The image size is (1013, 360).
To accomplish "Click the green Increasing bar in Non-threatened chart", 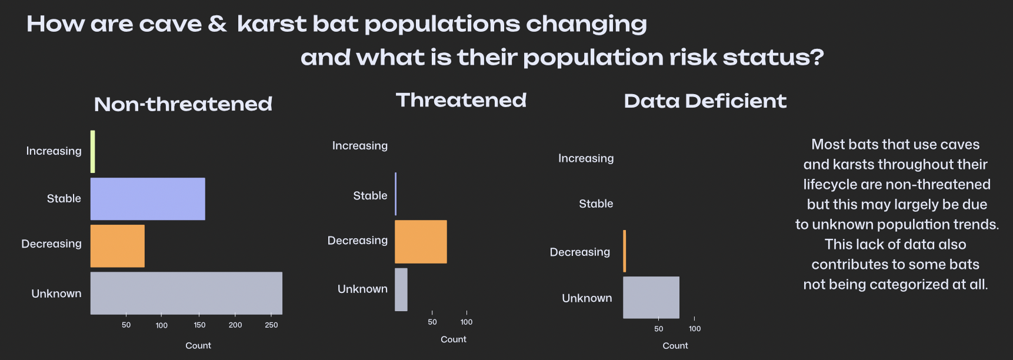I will (x=93, y=152).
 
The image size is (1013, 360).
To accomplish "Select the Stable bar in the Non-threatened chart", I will (x=148, y=199).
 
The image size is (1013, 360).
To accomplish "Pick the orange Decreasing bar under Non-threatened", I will (x=118, y=246).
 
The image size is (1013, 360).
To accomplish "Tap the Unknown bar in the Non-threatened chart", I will (x=186, y=293).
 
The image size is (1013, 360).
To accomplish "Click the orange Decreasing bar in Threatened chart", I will (x=421, y=242).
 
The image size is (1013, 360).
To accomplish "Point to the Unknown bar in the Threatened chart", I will (x=401, y=289).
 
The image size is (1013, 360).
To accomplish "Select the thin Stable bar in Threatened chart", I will (x=396, y=194).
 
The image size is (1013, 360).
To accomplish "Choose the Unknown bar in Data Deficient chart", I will (x=651, y=297).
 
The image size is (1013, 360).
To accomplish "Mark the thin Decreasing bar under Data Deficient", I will (x=625, y=251).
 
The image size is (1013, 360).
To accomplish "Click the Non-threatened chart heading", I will (x=183, y=104).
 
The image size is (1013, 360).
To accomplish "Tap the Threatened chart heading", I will (x=461, y=101).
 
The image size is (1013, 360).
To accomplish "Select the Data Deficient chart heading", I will (x=705, y=101).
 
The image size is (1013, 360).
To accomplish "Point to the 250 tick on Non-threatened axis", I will (x=271, y=325).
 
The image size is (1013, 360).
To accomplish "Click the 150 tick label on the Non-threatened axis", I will (x=199, y=325).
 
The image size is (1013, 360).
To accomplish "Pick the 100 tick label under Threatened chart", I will (x=466, y=322).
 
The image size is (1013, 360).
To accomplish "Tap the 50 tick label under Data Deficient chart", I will (x=658, y=329).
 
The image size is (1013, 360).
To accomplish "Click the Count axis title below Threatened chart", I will (x=454, y=339).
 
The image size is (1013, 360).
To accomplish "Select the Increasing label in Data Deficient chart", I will (x=586, y=158).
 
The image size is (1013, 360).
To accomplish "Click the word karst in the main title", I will (x=272, y=25).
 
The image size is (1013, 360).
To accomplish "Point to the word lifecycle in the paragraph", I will (x=830, y=185).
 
